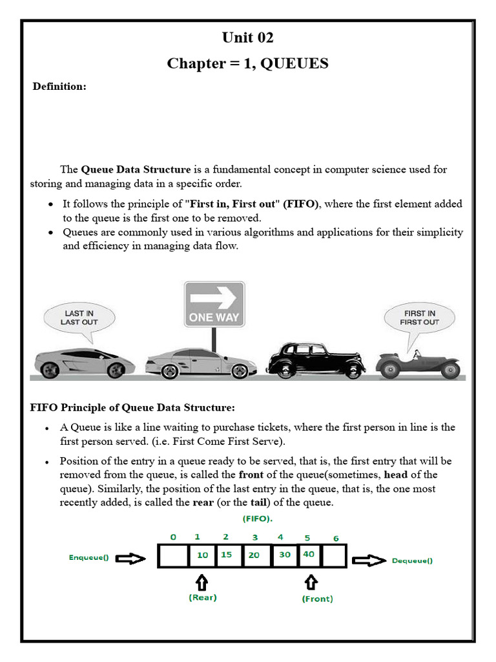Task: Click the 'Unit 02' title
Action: coord(247,37)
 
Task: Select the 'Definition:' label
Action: coord(59,87)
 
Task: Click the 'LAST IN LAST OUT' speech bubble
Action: coord(79,318)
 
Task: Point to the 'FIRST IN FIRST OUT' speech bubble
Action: coord(419,317)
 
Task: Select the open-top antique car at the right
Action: coord(418,364)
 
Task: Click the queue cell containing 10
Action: coord(202,555)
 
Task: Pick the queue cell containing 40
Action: coord(309,555)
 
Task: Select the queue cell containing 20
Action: coord(255,555)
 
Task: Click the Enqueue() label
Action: coord(88,557)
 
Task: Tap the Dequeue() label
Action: coord(412,561)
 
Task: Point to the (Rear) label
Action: coord(202,597)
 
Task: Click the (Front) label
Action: coord(317,599)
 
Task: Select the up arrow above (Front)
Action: coord(311,582)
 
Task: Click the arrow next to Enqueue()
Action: coord(131,557)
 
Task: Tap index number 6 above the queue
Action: coord(335,539)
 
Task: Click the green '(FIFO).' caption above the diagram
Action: coord(257,519)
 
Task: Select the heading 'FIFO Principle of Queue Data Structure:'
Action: coord(132,407)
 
